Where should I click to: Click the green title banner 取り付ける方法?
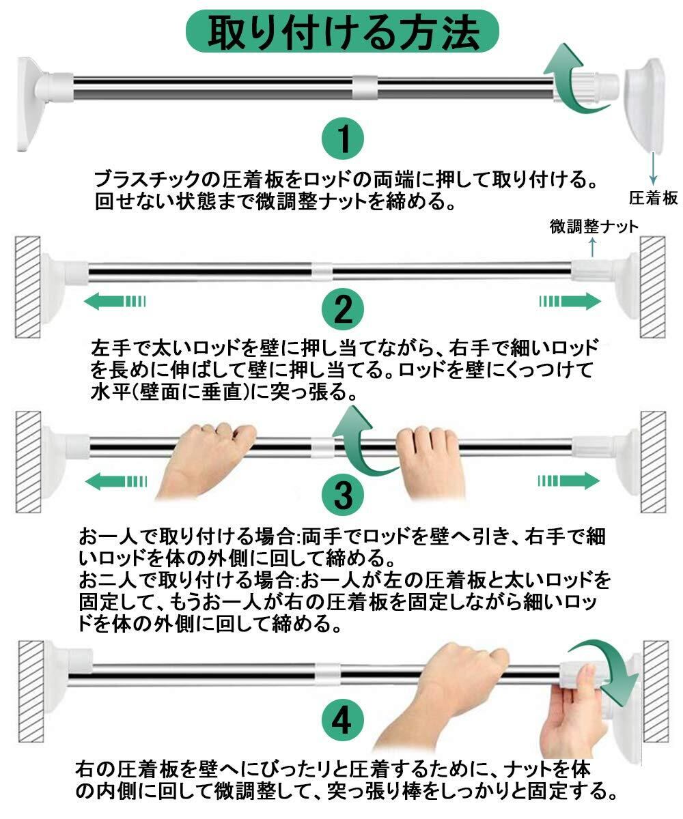click(x=341, y=31)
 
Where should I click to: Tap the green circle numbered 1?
click(x=343, y=139)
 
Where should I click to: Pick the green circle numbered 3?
click(x=343, y=494)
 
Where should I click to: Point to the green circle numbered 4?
click(x=343, y=721)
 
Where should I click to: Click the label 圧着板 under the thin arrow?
click(x=653, y=198)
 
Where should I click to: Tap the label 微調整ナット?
click(x=594, y=227)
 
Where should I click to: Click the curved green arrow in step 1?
click(x=575, y=81)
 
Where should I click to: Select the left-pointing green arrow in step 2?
click(x=115, y=301)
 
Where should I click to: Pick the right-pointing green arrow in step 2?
click(x=570, y=301)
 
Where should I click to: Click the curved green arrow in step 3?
click(x=363, y=442)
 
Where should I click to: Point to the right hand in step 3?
click(x=430, y=461)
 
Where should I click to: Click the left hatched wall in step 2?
click(x=27, y=287)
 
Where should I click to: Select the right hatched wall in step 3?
click(x=653, y=462)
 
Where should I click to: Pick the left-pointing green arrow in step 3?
click(x=116, y=481)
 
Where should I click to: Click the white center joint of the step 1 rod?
click(x=365, y=87)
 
